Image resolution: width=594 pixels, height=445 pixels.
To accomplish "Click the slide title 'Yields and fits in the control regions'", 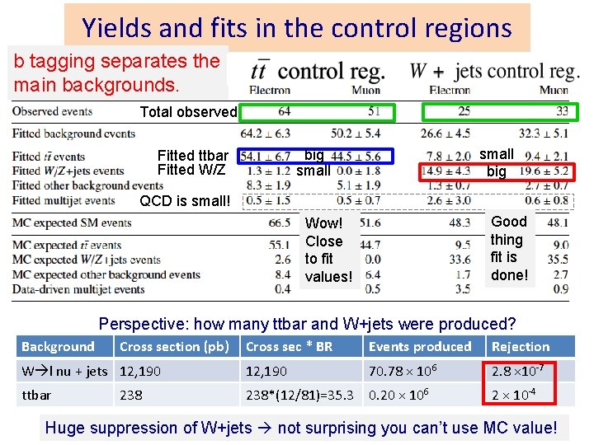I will click(x=297, y=28).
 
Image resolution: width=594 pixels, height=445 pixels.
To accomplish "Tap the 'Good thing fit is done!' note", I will click(x=508, y=248).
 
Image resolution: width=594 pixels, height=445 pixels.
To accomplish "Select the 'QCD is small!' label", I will click(x=185, y=200).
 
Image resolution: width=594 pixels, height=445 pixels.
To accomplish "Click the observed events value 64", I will click(x=284, y=111).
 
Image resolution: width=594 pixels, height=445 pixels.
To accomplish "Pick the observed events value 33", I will click(x=562, y=111).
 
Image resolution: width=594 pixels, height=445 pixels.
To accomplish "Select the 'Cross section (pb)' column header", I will click(x=174, y=347).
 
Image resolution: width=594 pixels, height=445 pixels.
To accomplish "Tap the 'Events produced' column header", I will click(x=420, y=347).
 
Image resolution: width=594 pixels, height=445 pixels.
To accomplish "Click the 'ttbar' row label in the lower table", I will click(x=36, y=395).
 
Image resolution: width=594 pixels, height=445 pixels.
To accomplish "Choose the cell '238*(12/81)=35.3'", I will click(x=300, y=395).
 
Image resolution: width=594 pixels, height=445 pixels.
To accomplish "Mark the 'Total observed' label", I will click(x=188, y=112).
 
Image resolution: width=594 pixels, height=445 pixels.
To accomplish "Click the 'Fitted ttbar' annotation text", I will click(x=192, y=156).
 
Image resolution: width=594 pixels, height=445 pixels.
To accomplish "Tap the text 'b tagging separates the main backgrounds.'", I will click(x=116, y=73).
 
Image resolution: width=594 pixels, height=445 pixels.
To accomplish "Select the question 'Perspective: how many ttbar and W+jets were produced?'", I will click(x=307, y=324).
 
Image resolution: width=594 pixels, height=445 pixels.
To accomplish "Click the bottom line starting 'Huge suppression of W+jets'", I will click(x=301, y=428).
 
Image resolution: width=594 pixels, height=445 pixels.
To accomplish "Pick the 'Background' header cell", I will click(x=58, y=347).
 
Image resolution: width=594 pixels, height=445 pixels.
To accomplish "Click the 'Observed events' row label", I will click(x=52, y=111).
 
